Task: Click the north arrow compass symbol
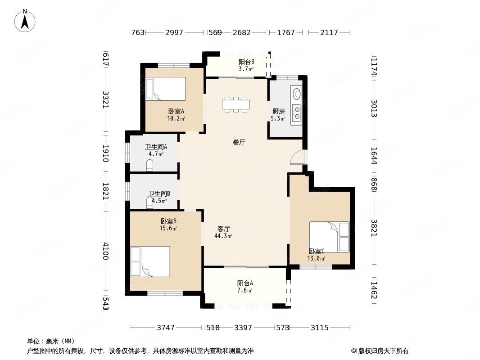click(x=25, y=21)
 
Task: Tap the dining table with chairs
click(x=235, y=104)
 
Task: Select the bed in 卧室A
click(x=166, y=89)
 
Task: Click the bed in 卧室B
click(x=150, y=261)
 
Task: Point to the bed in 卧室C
click(x=330, y=237)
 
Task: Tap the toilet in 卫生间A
click(x=149, y=165)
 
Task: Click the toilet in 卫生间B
click(x=149, y=203)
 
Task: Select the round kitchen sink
click(x=297, y=93)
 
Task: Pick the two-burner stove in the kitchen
click(x=297, y=112)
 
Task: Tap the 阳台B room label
click(x=246, y=62)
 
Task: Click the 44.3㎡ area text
click(x=223, y=236)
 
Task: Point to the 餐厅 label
click(x=239, y=142)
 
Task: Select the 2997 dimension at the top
click(x=174, y=32)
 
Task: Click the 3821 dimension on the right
click(x=374, y=228)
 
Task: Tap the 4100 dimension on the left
click(x=106, y=251)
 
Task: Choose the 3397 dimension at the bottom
click(x=243, y=328)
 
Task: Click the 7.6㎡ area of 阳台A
click(x=245, y=291)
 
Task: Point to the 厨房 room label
click(x=279, y=111)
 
